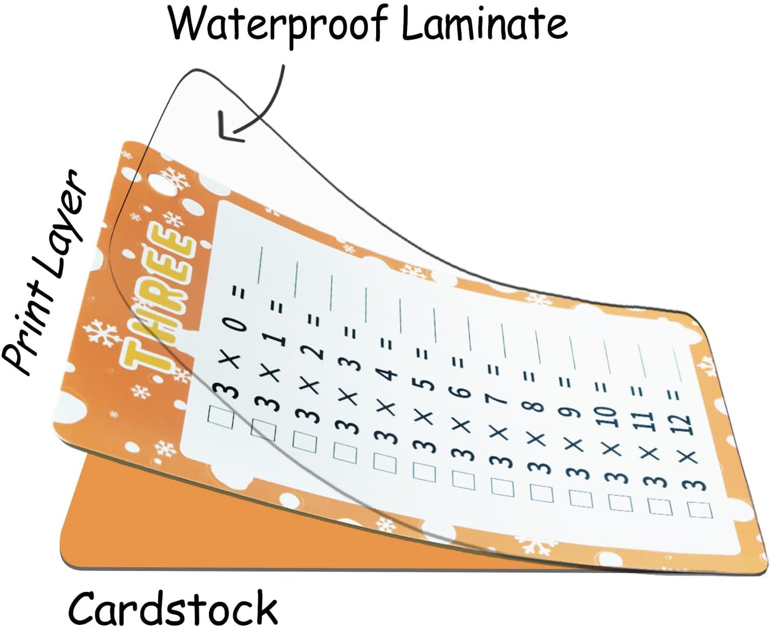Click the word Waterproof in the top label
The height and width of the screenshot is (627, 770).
coord(278,27)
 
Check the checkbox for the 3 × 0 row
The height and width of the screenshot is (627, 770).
coord(221,417)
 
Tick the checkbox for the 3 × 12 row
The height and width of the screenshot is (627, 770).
coord(700,510)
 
